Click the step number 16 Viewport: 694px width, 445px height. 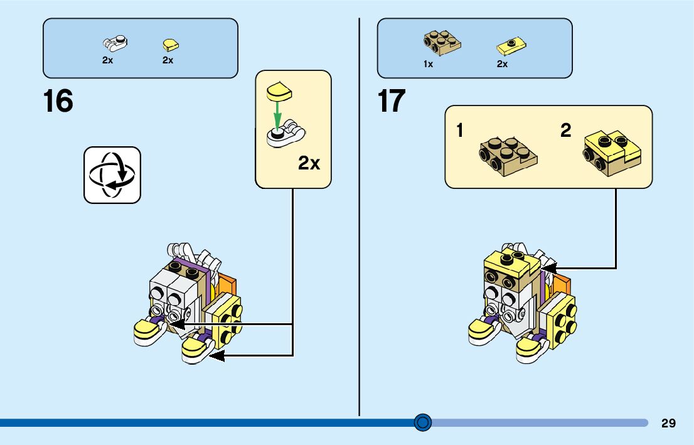58,101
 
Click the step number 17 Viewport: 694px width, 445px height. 391,101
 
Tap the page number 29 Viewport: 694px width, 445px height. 668,423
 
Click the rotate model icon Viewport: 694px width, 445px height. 112,175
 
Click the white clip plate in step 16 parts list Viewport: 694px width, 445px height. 115,44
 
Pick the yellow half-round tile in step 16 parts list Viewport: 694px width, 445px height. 169,45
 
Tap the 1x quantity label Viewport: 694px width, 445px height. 428,64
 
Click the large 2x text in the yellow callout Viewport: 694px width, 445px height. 309,164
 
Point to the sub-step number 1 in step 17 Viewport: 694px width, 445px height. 460,131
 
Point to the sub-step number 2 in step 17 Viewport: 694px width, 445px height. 566,131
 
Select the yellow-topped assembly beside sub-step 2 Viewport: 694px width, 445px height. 612,153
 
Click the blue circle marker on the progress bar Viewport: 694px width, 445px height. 423,422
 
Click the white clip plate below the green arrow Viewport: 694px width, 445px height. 286,134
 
